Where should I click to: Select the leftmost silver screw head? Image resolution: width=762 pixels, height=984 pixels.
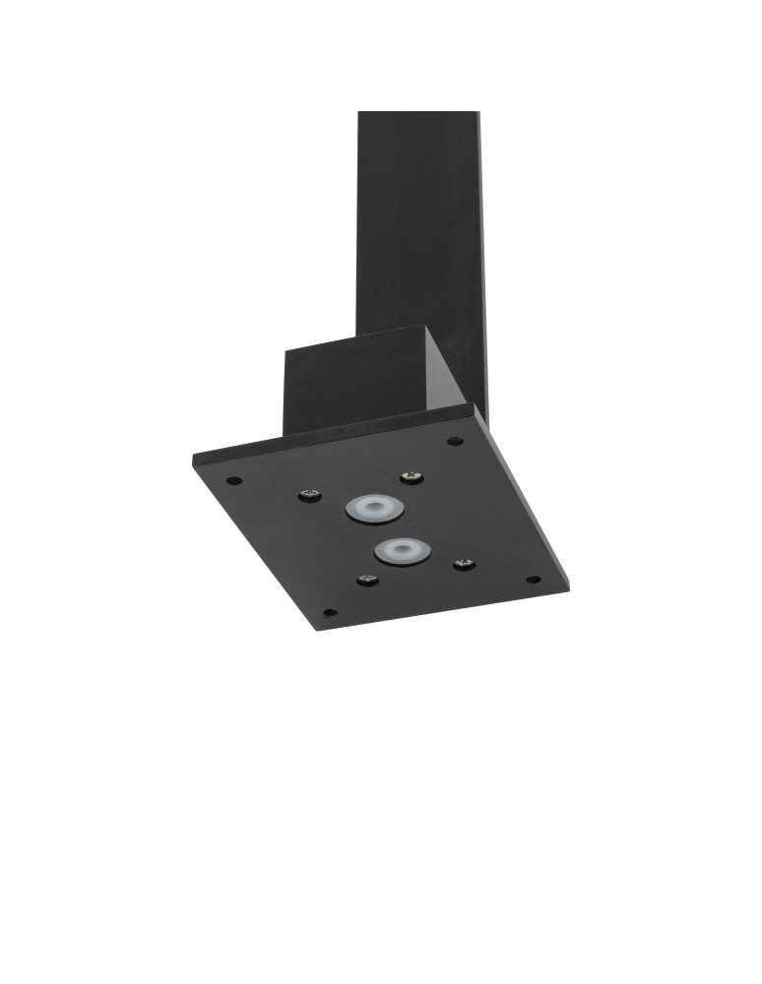310,494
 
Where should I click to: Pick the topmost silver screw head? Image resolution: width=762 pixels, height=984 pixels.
411,478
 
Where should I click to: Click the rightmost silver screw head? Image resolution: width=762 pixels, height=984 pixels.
464,564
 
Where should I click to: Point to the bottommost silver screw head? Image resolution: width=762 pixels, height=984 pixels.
367,580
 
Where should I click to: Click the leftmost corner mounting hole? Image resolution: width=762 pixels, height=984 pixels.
233,481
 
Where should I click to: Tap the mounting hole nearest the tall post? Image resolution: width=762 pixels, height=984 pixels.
454,441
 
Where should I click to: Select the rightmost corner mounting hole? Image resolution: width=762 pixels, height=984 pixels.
533,579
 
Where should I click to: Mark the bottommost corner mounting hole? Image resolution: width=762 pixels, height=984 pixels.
329,612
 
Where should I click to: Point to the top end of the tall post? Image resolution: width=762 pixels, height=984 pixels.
418,114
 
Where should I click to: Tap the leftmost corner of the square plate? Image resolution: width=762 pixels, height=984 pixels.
194,461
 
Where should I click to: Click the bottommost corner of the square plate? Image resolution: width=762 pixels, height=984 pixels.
317,630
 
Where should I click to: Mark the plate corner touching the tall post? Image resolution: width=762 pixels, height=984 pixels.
480,407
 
